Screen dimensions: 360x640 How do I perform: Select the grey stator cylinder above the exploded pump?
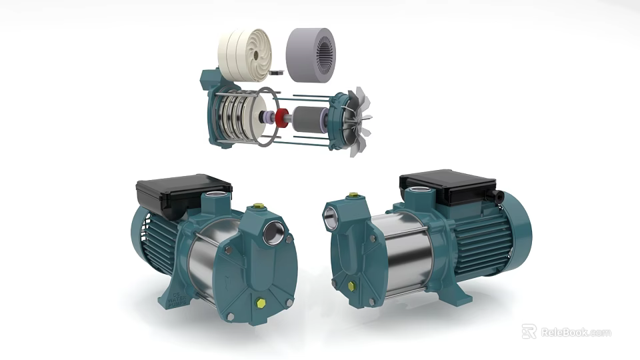(311, 50)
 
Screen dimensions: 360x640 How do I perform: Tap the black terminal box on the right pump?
(447, 186)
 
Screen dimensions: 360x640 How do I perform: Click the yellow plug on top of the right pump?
(353, 196)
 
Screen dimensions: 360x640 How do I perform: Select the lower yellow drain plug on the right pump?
(351, 285)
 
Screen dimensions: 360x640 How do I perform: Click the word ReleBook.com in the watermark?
(575, 332)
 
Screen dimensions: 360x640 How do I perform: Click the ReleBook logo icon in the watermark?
(529, 331)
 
